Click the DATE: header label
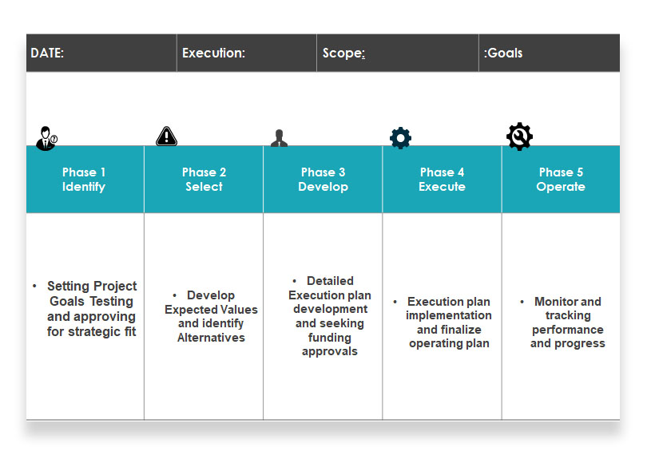click(x=47, y=53)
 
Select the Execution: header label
click(x=214, y=53)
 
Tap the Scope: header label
click(x=343, y=53)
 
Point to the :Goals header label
click(x=503, y=53)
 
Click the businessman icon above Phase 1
click(x=46, y=138)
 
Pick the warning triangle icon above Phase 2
click(x=166, y=136)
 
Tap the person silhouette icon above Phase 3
click(x=279, y=138)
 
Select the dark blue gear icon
click(x=400, y=138)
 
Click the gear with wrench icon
click(x=519, y=136)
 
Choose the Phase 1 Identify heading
click(x=84, y=180)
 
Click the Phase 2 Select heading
click(x=204, y=180)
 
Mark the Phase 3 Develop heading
click(x=323, y=180)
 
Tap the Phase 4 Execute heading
click(x=442, y=180)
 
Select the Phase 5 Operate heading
click(x=561, y=180)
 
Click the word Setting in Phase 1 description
click(x=68, y=286)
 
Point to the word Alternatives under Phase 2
click(x=211, y=338)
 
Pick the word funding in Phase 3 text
click(x=330, y=338)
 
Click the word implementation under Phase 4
click(x=449, y=315)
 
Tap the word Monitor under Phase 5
click(x=555, y=302)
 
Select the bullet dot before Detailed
click(x=294, y=281)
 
